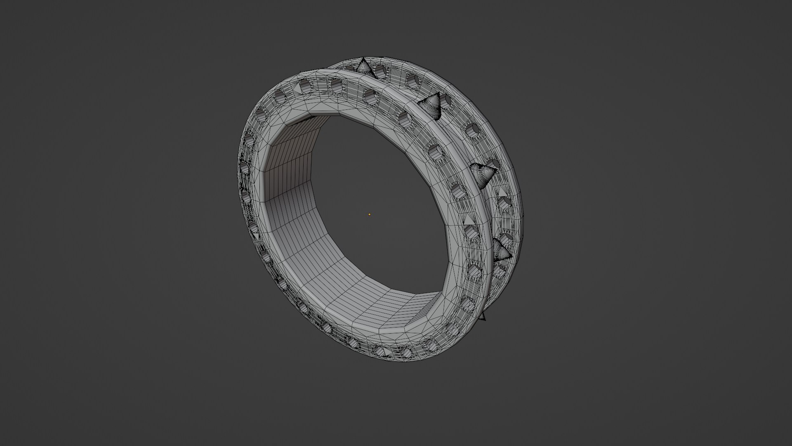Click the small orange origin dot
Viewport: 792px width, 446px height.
pyautogui.click(x=369, y=214)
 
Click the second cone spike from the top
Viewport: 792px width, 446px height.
pyautogui.click(x=431, y=104)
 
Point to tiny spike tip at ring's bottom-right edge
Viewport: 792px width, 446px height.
pyautogui.click(x=483, y=317)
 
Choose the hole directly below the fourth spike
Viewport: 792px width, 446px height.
pyautogui.click(x=500, y=270)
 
